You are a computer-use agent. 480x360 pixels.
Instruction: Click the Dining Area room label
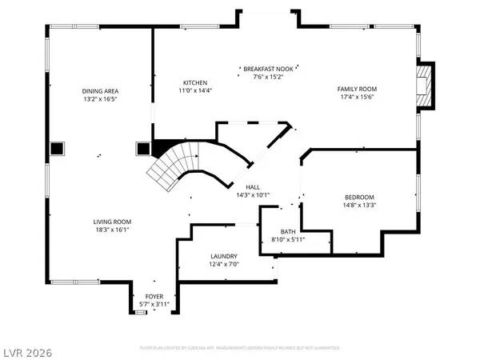point(101,91)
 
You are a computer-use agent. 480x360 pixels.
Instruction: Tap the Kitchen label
point(195,83)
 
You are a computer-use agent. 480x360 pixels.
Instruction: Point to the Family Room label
point(356,89)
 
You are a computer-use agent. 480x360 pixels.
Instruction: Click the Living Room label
point(111,222)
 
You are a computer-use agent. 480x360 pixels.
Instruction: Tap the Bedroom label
point(359,197)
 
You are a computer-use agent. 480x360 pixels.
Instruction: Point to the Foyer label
point(154,296)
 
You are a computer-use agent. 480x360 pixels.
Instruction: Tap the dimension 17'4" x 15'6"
point(356,97)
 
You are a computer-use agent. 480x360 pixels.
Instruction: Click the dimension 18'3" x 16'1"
point(111,230)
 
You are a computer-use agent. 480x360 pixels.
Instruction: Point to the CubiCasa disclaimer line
point(240,349)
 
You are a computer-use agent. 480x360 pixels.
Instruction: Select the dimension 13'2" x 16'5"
point(101,99)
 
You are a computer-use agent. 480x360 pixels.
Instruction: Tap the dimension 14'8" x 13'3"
point(359,205)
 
